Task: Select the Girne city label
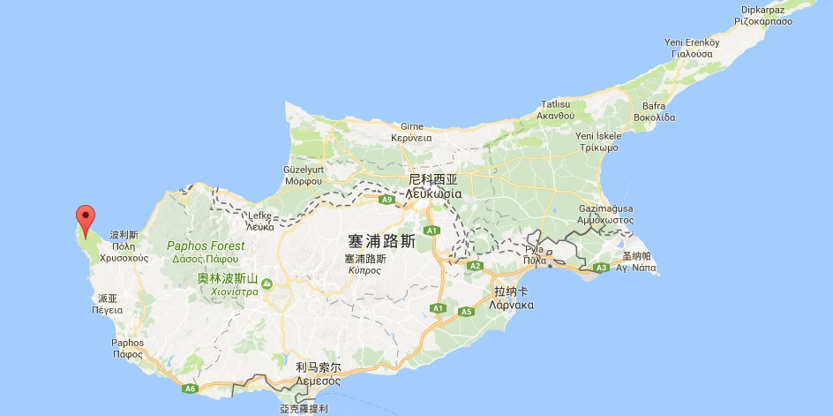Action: (x=412, y=126)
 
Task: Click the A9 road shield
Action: (x=386, y=200)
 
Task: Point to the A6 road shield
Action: (x=190, y=389)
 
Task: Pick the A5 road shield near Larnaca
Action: (x=466, y=312)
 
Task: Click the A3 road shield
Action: (x=601, y=268)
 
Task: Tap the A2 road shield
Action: (x=476, y=266)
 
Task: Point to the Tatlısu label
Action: (x=556, y=103)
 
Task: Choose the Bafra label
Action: (x=654, y=105)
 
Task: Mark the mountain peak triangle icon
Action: (x=266, y=284)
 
